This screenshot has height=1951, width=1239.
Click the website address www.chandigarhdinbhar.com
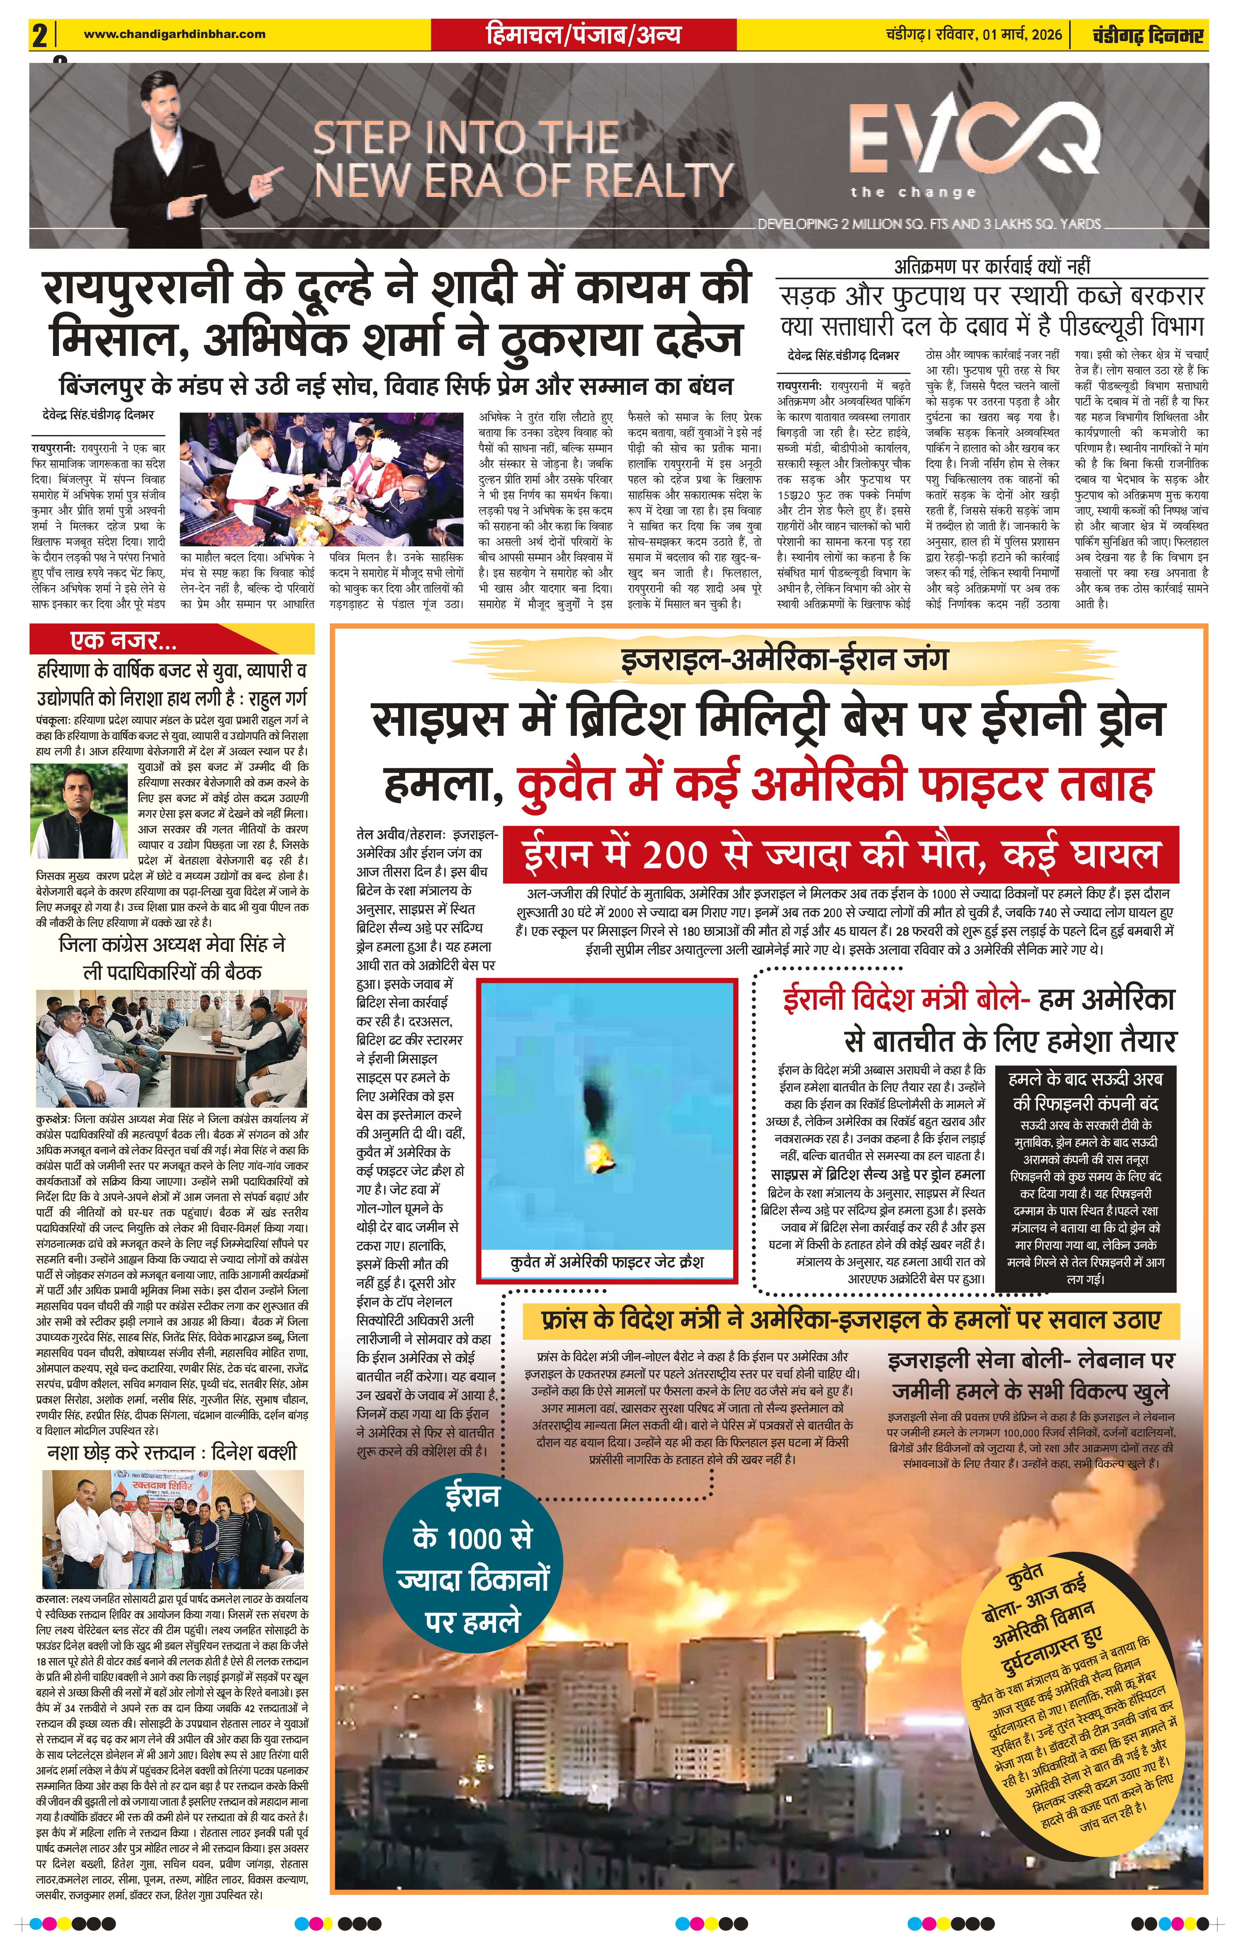point(174,34)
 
